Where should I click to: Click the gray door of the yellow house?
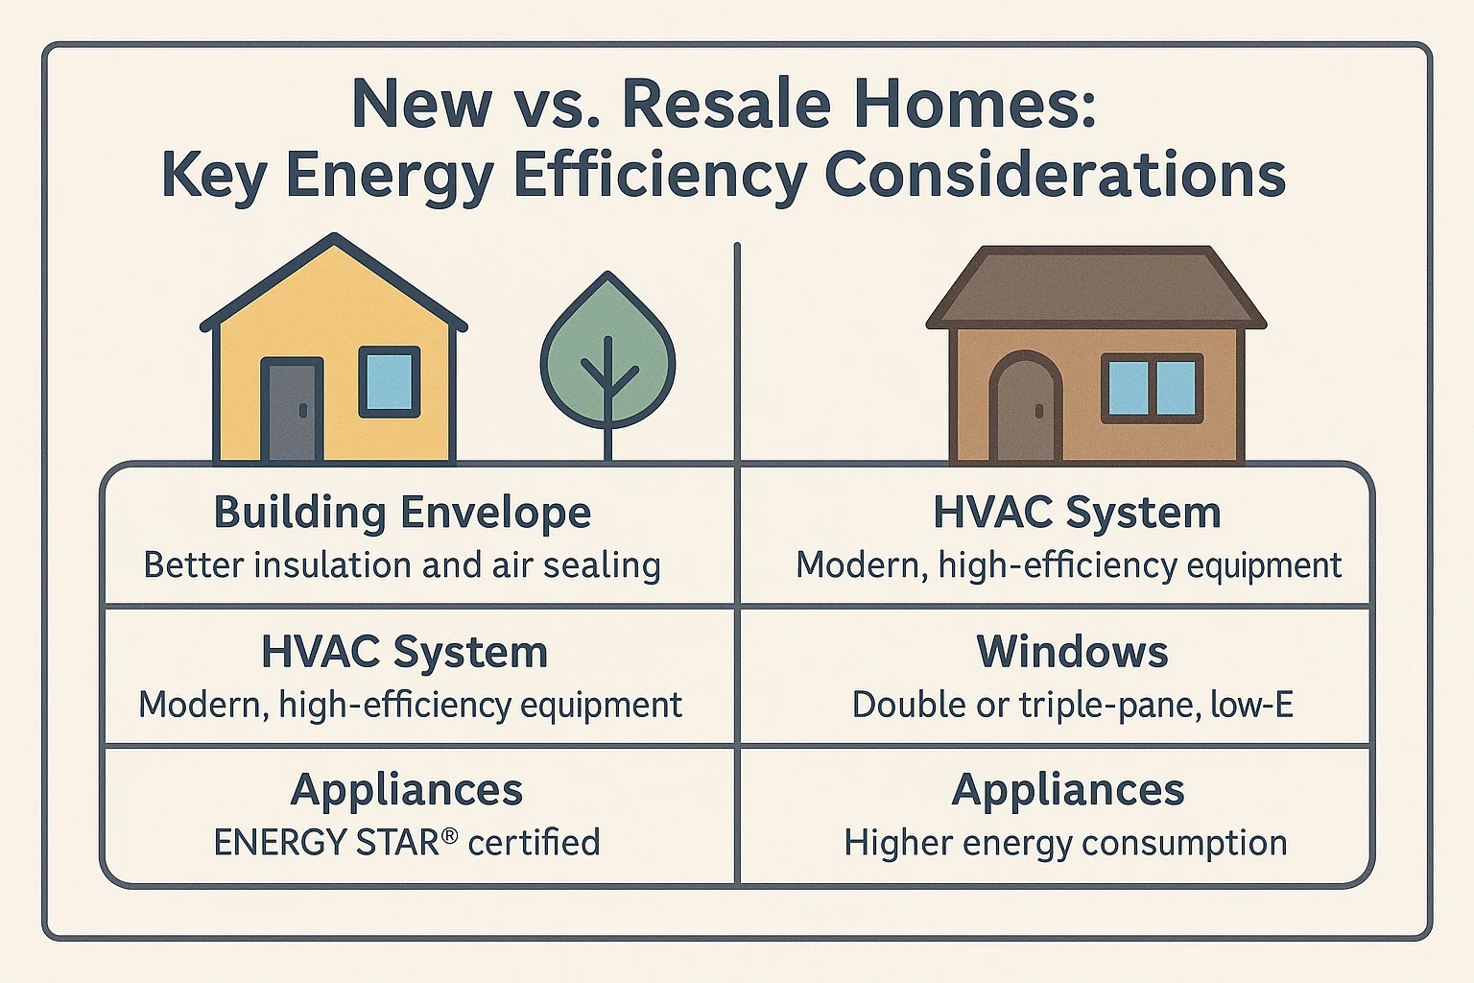(x=292, y=411)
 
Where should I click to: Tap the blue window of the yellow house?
(x=389, y=381)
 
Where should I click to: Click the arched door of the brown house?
(x=1025, y=408)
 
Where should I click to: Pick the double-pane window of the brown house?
(x=1152, y=388)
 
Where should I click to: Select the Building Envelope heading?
(x=402, y=512)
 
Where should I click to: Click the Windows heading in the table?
(x=1072, y=652)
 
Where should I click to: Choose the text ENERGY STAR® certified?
(x=406, y=843)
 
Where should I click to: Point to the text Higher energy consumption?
(x=1065, y=843)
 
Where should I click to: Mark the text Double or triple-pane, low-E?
(x=1072, y=705)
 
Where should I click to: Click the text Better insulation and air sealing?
(x=402, y=564)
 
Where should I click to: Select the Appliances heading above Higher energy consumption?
(x=1068, y=790)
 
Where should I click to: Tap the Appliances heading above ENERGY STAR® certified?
(x=406, y=790)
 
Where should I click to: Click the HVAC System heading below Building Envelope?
(x=404, y=652)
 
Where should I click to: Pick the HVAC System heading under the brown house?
(x=1077, y=512)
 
